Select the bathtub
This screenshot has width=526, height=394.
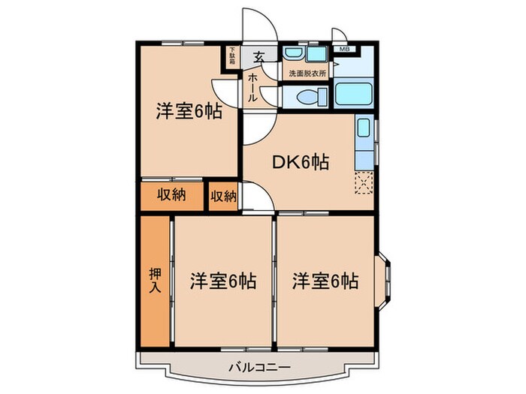click(355, 96)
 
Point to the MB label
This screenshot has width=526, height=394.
click(344, 50)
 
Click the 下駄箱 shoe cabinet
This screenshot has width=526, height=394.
click(234, 57)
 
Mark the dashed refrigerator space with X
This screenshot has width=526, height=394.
click(364, 182)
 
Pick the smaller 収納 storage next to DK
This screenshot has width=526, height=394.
click(223, 197)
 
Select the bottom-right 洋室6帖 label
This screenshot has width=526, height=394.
click(325, 281)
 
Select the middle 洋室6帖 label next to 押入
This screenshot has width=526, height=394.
click(222, 281)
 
